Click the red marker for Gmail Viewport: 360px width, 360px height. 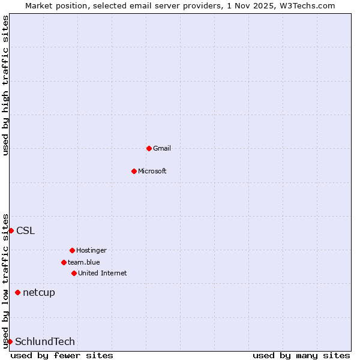tap(149, 148)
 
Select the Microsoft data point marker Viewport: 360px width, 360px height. tap(134, 171)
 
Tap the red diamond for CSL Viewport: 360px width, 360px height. tap(11, 230)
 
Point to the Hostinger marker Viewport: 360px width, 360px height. tap(72, 250)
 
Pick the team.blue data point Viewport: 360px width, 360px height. tap(64, 262)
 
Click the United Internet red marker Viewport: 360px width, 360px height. tap(74, 273)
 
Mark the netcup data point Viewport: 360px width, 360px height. tap(17, 293)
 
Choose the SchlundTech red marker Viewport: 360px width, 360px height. tap(10, 341)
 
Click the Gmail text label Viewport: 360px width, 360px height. tap(162, 148)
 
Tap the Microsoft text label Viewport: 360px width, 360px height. tap(152, 171)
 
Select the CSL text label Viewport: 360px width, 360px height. tap(25, 230)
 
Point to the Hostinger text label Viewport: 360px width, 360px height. tap(91, 250)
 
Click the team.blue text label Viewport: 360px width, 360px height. tap(84, 262)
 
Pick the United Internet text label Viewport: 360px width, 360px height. tap(103, 273)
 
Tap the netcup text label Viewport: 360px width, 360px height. tap(39, 293)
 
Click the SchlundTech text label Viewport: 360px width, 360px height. tap(45, 341)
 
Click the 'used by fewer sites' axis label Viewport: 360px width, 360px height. tap(62, 355)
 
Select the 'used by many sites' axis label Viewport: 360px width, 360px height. tap(301, 355)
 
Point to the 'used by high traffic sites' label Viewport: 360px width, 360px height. tap(5, 85)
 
